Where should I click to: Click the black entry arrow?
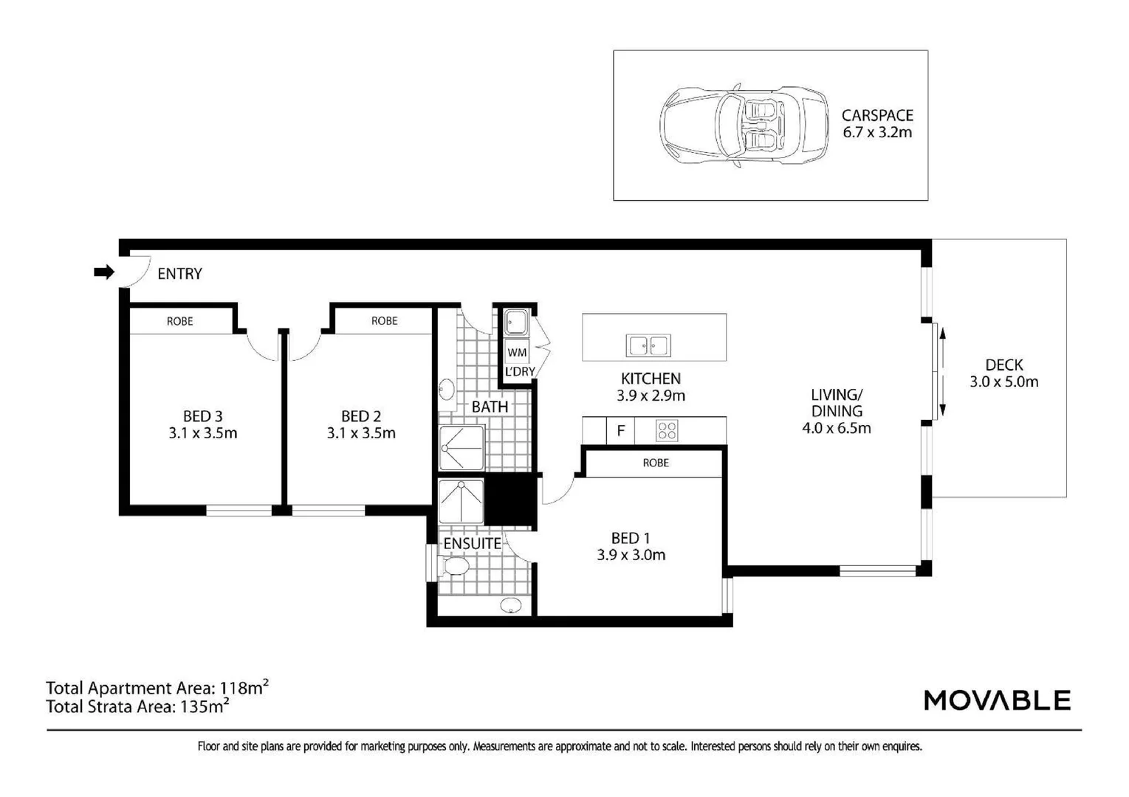pos(104,272)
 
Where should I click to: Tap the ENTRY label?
pos(180,274)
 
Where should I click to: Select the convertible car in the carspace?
pos(744,125)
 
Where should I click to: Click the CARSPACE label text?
pos(877,115)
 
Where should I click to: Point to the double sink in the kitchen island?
pos(648,345)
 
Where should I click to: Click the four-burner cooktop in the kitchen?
pos(667,431)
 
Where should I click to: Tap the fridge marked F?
pos(620,430)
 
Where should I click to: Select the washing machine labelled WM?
pos(517,352)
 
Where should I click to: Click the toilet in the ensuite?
pos(455,565)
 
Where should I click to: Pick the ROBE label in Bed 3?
pos(180,321)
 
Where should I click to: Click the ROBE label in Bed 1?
pos(656,463)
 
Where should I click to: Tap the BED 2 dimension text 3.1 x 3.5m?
pos(361,432)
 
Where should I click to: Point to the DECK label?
pos(1004,365)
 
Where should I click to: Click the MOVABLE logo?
pos(998,700)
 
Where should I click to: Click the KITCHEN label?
pos(651,379)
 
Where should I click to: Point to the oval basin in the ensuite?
pos(511,605)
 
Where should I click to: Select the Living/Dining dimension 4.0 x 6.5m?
pos(836,428)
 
